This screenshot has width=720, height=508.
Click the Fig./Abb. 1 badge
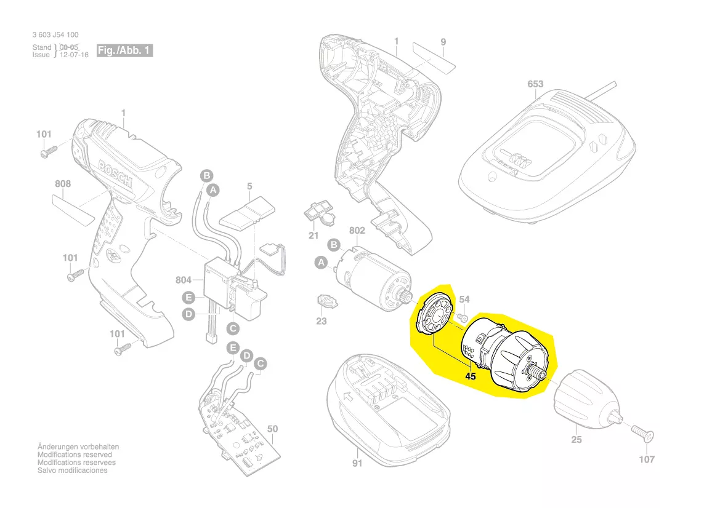point(124,50)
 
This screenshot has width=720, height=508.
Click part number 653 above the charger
point(535,84)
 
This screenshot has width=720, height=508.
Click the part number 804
point(184,280)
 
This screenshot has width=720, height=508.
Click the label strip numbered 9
point(434,56)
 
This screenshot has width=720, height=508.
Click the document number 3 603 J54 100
point(55,35)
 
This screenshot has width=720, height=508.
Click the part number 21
point(313,236)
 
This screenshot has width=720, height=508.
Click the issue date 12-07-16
point(74,55)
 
